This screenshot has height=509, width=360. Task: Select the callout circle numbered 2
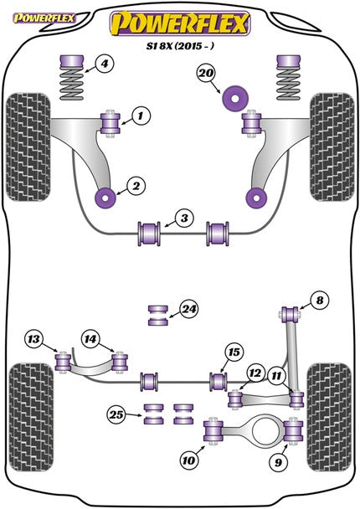135,186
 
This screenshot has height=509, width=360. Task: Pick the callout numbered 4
103,64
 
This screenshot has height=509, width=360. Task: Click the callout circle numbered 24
189,309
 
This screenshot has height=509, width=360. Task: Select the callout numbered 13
33,339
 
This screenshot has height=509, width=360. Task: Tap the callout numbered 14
90,339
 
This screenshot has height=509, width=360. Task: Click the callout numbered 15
233,351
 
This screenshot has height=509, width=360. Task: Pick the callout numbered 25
116,413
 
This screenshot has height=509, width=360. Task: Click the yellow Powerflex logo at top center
181,23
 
